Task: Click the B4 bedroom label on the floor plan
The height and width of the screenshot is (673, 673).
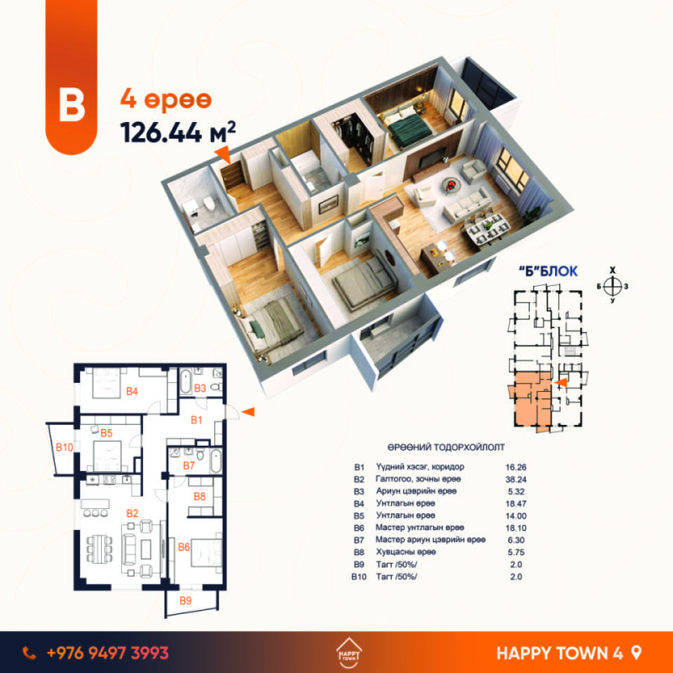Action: (x=132, y=391)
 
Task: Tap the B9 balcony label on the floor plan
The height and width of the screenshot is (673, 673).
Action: (x=185, y=601)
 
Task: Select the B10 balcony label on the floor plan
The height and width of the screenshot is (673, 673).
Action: (x=64, y=447)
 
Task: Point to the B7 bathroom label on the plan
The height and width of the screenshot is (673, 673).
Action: (x=189, y=465)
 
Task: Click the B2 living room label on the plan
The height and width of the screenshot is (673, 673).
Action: (x=132, y=513)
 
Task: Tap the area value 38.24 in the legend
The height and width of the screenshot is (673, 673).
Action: (x=516, y=480)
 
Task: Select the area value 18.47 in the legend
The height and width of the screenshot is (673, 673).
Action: (x=516, y=503)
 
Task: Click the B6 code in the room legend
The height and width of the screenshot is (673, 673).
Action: (x=359, y=528)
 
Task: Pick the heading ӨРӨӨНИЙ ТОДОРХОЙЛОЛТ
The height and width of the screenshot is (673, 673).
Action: (x=446, y=447)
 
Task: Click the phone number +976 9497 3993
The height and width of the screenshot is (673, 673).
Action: (x=108, y=653)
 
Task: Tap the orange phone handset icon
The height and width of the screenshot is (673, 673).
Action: (x=29, y=653)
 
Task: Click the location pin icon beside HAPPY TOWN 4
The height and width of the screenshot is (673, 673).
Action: (x=637, y=653)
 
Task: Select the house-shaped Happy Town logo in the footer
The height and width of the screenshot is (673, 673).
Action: (x=348, y=653)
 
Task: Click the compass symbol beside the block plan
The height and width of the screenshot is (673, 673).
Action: (x=613, y=286)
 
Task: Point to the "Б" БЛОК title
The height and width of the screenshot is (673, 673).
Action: (x=548, y=271)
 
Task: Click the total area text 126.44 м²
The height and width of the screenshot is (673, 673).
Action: (x=178, y=132)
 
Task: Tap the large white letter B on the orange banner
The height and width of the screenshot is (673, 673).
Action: (x=72, y=104)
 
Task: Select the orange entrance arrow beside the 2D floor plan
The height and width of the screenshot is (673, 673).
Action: (x=248, y=412)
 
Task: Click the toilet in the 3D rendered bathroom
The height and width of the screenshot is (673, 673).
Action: (x=209, y=203)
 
